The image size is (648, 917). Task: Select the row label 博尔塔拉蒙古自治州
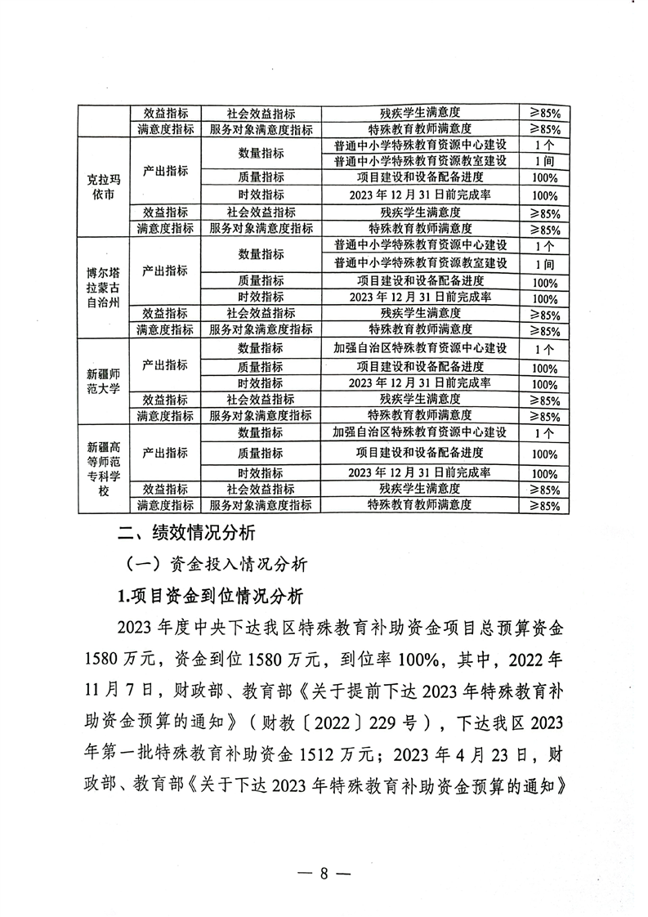104,287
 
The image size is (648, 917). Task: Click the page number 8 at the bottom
324,872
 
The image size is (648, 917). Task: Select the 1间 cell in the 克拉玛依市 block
543,161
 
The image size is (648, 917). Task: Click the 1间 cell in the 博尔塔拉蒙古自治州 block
543,264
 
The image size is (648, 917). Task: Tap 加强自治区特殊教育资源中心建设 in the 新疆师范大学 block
421,348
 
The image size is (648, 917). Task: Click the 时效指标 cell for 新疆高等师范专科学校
261,473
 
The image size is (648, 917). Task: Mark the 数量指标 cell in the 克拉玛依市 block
261,153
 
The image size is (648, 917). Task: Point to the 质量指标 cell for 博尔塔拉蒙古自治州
261,281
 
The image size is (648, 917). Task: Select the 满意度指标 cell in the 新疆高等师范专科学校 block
165,505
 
